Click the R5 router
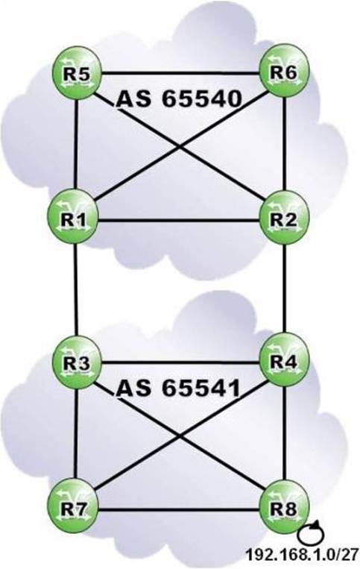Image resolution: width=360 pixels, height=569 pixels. click(x=77, y=72)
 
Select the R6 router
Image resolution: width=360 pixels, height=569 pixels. click(x=284, y=71)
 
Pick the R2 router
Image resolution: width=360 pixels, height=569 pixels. click(x=284, y=218)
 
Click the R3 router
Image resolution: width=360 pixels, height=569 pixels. click(x=78, y=362)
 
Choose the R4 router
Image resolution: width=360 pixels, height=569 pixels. click(x=284, y=361)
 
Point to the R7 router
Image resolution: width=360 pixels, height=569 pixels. click(x=73, y=509)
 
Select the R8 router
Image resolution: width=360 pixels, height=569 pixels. click(x=284, y=507)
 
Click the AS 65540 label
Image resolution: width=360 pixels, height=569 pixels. click(x=179, y=98)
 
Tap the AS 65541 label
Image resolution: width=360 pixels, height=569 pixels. click(x=178, y=388)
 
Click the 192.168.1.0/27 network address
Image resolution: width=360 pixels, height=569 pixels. click(x=302, y=555)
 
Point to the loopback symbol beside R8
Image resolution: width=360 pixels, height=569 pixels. click(x=311, y=533)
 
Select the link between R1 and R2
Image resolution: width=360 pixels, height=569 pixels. click(x=179, y=220)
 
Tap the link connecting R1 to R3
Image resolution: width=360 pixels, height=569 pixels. click(x=76, y=290)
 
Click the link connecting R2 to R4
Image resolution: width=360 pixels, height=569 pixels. click(x=285, y=289)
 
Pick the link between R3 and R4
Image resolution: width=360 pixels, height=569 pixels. click(x=180, y=362)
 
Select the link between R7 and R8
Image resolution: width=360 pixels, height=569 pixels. click(x=179, y=510)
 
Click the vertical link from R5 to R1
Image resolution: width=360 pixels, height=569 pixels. click(x=76, y=146)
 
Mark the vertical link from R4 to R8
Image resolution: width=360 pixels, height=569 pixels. click(x=285, y=434)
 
